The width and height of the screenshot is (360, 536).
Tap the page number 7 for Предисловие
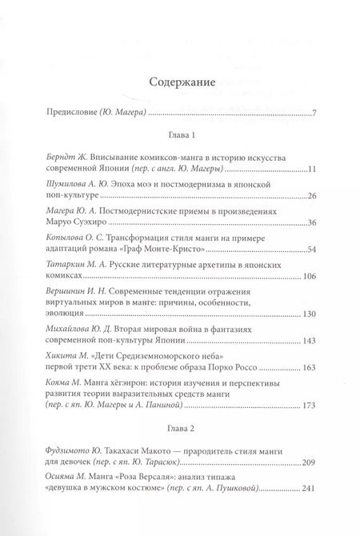coord(316,111)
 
